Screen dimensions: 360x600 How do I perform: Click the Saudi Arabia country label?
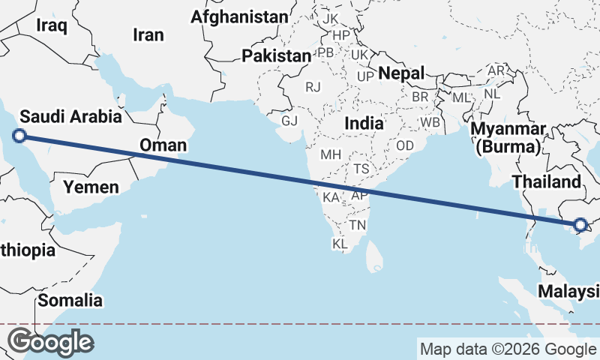coord(70,116)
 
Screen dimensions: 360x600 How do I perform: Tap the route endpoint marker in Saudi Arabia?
coord(20,136)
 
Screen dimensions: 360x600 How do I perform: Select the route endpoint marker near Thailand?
coord(580,224)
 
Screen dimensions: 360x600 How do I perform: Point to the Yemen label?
coord(90,187)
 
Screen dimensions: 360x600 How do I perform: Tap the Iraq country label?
coord(52,26)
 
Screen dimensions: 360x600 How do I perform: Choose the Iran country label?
coord(148,34)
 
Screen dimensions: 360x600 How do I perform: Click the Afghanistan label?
coord(239,16)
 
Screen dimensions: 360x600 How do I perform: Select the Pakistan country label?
coord(276,55)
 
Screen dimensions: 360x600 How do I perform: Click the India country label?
coord(364,123)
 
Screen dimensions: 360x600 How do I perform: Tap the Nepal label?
coord(401,73)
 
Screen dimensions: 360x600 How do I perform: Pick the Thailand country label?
coord(546,181)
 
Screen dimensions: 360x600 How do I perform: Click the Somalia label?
coord(70,301)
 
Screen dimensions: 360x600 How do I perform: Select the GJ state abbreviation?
coord(289,121)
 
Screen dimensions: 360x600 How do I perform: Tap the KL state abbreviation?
coord(340,244)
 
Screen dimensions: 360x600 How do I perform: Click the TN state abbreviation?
coord(358,224)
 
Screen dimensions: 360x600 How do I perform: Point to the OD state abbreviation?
coord(405,145)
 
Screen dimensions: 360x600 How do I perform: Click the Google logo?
coord(50,342)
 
